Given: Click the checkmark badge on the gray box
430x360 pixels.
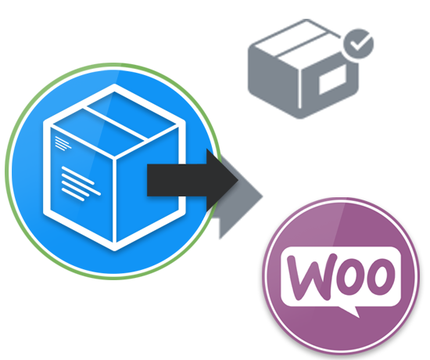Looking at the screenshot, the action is tap(359, 44).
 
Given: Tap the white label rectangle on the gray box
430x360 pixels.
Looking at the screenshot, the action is tap(332, 80).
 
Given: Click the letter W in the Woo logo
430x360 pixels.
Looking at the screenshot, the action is tap(312, 276).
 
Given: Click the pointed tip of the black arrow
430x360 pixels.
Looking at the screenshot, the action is tap(238, 180).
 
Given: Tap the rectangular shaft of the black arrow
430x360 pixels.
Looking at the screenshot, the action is tap(177, 180).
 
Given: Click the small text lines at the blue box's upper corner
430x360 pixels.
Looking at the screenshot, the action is tap(63, 143).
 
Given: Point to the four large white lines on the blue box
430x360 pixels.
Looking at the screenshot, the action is tap(81, 184).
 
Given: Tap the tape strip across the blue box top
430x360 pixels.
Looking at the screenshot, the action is tap(116, 123).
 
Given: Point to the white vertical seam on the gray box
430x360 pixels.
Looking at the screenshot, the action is tap(299, 88).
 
